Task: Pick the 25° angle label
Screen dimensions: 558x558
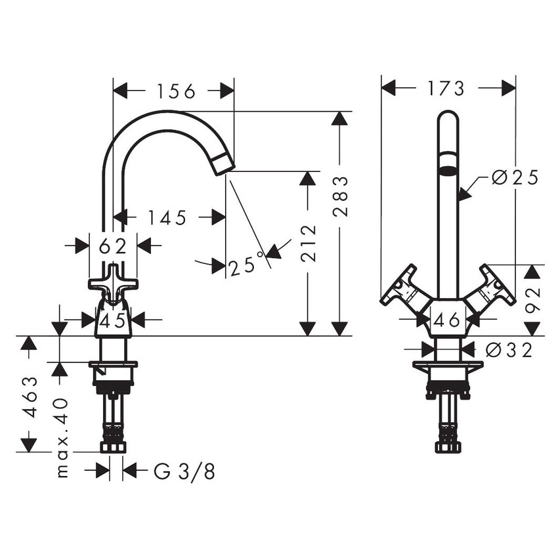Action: pos(246,267)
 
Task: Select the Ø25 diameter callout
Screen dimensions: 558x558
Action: pos(515,177)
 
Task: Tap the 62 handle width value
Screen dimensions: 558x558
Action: pos(112,246)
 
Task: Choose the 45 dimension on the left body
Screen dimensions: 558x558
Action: pos(113,320)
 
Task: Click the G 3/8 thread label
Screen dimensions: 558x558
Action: pos(184,471)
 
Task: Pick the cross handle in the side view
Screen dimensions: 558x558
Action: pos(114,283)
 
